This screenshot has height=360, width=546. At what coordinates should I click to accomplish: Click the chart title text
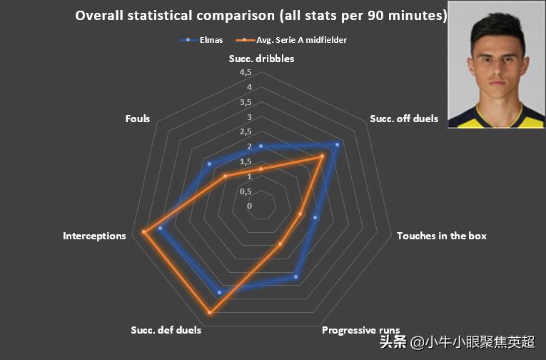pos(261,15)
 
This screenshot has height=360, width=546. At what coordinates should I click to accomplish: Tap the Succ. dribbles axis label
pos(261,59)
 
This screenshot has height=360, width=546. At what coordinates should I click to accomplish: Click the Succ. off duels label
pos(404,119)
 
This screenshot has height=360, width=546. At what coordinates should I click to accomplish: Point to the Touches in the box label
pos(441,236)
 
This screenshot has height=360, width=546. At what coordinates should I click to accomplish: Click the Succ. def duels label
pos(166,330)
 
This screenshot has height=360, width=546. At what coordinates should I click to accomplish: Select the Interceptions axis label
pos(94,236)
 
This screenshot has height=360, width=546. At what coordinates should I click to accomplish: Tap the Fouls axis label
pos(137,119)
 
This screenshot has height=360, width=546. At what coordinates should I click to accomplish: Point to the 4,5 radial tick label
pos(246,73)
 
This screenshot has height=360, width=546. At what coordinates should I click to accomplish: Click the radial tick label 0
pos(249,206)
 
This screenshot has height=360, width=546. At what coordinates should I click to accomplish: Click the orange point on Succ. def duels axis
pos(209,313)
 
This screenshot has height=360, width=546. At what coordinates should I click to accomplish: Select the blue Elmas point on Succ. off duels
pos(337,144)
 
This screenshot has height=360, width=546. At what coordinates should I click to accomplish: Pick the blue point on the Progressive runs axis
pos(296,276)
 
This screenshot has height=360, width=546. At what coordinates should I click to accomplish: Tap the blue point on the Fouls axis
pos(209,164)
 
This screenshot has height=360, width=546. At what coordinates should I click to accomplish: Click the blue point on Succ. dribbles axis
pos(261,146)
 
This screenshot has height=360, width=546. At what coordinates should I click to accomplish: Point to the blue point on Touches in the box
pos(315,219)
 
